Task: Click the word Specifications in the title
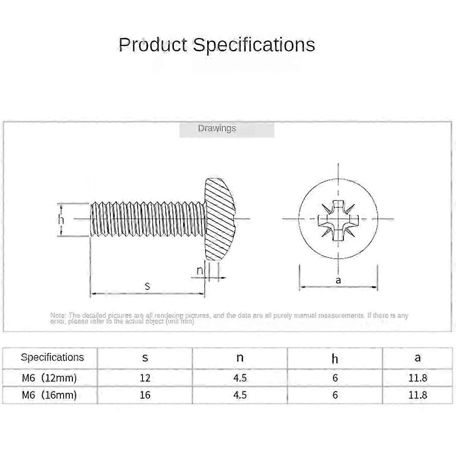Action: coord(254,45)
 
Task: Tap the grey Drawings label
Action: coord(217,128)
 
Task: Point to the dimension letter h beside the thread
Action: coord(62,220)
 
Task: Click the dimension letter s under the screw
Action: coord(147,286)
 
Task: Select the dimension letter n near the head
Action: coord(200,271)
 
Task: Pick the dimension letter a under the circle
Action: coord(338,280)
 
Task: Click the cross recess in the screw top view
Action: coord(338,219)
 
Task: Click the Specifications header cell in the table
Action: coord(52,357)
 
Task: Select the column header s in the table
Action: coord(145,357)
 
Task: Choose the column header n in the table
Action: coord(240,357)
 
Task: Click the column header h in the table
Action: coord(335,358)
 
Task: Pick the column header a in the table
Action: coord(418,357)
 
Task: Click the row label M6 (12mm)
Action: coord(49,378)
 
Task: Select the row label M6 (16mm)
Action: coord(49,395)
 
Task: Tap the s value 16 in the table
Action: coord(145,395)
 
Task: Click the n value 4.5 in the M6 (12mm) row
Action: coord(240,378)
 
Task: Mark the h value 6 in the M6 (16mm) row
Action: coord(335,395)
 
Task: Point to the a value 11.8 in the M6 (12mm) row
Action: coord(418,378)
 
